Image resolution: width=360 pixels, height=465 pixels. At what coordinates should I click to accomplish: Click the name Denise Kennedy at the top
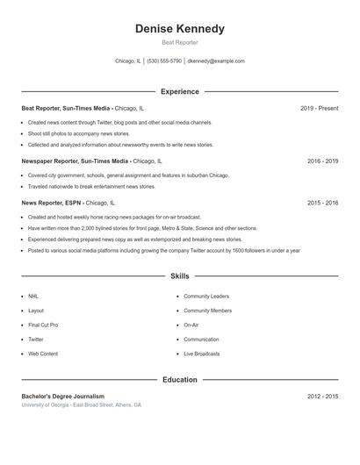180,29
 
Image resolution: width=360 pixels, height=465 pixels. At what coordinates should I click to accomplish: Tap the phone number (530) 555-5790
164,61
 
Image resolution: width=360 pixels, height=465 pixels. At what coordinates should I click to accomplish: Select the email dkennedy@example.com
216,61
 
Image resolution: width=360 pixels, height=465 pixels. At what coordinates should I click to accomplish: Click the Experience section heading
180,91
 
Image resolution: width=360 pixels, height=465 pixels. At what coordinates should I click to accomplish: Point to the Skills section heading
180,276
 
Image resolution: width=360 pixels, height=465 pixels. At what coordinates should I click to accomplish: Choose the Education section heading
180,380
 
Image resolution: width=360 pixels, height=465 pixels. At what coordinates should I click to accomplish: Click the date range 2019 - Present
319,108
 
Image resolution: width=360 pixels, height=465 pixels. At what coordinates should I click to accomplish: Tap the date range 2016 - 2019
322,161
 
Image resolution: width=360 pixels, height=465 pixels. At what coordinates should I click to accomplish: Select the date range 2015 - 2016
322,203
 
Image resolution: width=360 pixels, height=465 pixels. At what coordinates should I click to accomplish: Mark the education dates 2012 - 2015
322,397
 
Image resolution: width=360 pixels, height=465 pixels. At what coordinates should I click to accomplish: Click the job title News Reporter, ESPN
52,203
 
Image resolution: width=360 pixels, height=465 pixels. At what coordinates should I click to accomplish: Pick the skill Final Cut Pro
43,325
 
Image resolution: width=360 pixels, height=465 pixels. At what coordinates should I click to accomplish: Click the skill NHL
33,297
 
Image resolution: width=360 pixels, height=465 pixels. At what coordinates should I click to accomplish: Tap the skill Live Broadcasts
202,354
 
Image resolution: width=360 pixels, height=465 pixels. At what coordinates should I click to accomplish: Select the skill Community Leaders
206,297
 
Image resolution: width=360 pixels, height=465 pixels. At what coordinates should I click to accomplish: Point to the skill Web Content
43,354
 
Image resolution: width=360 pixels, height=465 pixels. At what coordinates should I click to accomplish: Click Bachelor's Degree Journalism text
62,397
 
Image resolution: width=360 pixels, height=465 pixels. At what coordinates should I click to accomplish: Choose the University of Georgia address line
81,405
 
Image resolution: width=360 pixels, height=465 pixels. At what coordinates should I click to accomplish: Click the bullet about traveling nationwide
91,187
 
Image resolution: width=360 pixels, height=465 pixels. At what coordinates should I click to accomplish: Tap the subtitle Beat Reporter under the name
180,42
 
